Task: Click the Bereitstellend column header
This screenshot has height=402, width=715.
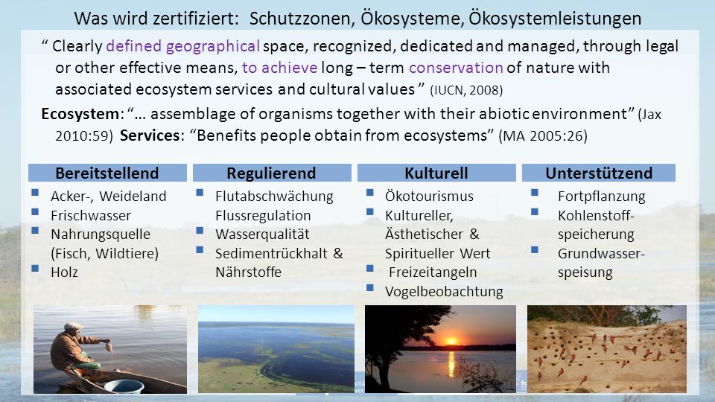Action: [x=107, y=173]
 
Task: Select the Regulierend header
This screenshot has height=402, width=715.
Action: [x=272, y=173]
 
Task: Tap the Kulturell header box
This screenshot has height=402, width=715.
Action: [x=436, y=173]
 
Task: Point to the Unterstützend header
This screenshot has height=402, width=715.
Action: [x=599, y=173]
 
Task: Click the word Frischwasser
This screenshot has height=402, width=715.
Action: [x=91, y=215]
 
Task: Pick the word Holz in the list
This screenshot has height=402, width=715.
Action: [x=64, y=272]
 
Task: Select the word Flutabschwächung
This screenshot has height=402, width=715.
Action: [x=274, y=196]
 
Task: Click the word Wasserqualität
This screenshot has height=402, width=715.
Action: [x=262, y=234]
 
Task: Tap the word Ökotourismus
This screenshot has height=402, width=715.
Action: [x=429, y=196]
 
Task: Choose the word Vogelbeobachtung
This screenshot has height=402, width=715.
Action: [x=444, y=291]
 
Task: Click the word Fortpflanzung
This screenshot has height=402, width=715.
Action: [x=602, y=196]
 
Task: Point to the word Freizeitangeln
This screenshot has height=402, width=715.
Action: [x=433, y=272]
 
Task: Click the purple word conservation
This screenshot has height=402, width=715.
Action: [x=456, y=68]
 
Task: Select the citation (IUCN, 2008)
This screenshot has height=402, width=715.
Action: [x=466, y=90]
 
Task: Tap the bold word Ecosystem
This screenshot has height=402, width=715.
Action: [x=80, y=113]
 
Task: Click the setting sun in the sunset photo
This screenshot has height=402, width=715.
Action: [x=451, y=342]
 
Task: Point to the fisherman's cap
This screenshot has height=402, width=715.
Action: [x=73, y=326]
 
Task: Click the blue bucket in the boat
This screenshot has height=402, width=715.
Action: [x=124, y=386]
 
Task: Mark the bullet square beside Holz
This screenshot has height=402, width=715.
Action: [x=35, y=268]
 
